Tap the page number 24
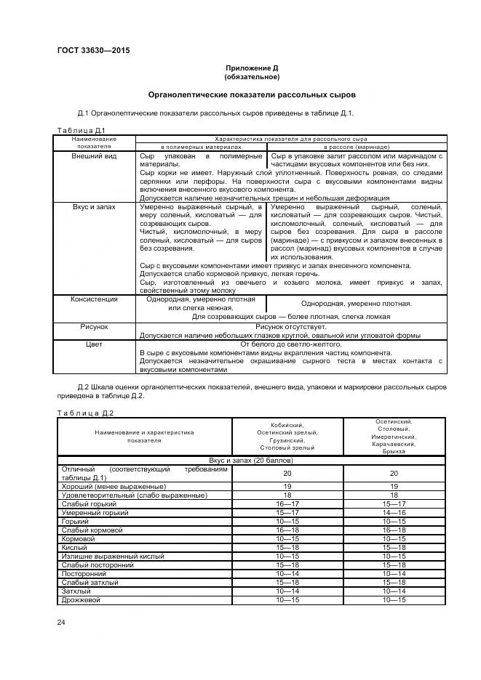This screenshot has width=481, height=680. coord(61,622)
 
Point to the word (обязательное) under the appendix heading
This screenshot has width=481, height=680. coord(252,76)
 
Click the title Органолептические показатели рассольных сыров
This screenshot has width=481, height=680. coord(252,94)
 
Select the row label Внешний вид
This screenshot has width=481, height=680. coord(94,155)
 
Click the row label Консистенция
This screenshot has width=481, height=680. coord(94,299)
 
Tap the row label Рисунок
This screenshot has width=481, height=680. coord(94,328)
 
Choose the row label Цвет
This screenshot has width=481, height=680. coord(94,344)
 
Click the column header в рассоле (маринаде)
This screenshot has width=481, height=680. coord(357,146)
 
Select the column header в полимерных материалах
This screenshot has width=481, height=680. coord(202,146)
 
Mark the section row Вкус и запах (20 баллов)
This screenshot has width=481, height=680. coord(251,461)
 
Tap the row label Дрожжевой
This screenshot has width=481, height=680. coord(81,599)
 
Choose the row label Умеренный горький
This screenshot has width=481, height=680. coord(95,512)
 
